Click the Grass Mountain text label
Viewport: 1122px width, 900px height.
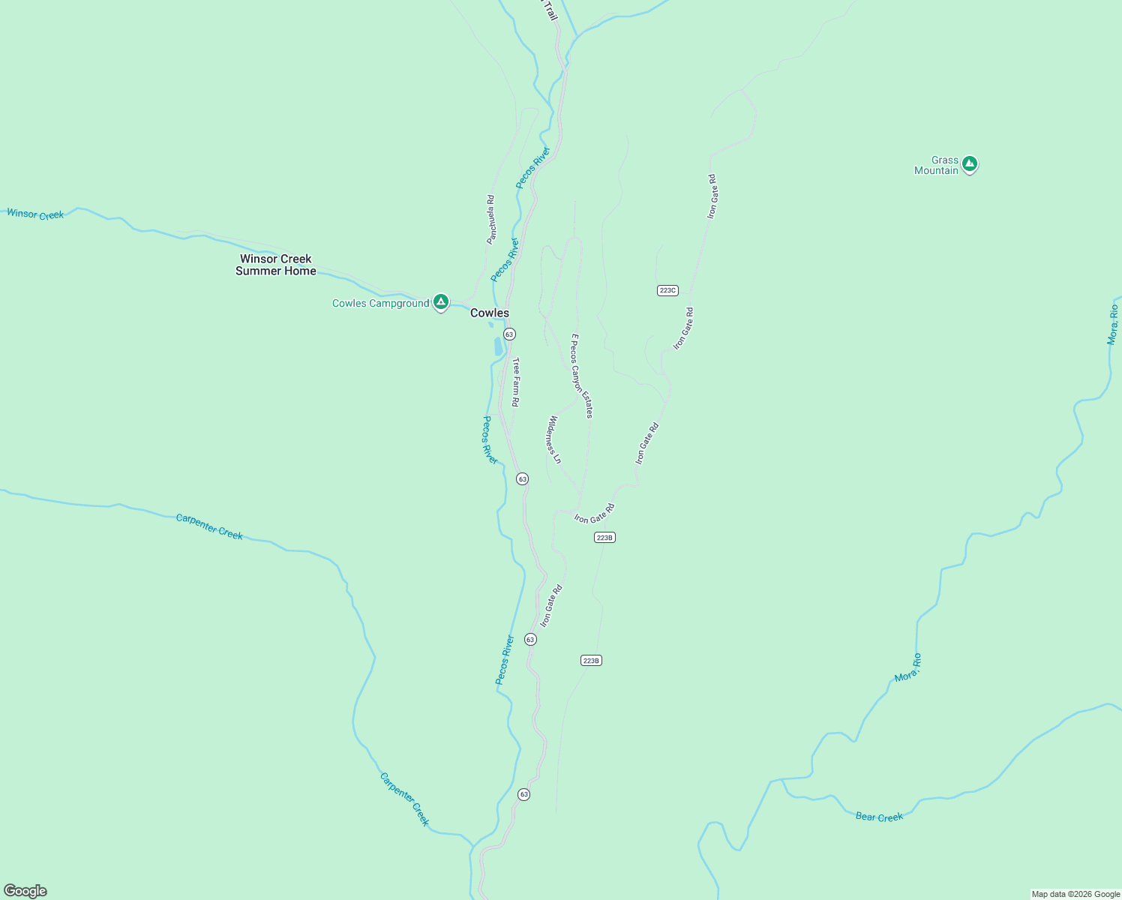click(x=936, y=165)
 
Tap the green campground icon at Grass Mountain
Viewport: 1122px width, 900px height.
click(x=970, y=163)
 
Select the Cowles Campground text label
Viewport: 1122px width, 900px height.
click(x=380, y=303)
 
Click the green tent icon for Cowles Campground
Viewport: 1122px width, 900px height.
click(x=441, y=301)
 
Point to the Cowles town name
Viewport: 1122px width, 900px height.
click(x=489, y=313)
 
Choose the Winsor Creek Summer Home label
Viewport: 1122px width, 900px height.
click(x=276, y=265)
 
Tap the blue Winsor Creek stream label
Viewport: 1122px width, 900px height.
click(x=35, y=214)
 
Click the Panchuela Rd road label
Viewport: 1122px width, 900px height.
click(x=490, y=220)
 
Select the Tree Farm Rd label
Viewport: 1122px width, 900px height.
click(x=516, y=382)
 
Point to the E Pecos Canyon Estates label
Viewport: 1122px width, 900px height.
click(x=582, y=376)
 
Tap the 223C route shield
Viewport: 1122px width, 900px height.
click(x=667, y=290)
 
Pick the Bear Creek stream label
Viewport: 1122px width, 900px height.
click(x=879, y=817)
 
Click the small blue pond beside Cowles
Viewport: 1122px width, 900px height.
click(x=498, y=346)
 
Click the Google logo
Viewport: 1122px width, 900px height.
click(x=25, y=891)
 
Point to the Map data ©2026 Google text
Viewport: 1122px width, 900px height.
click(x=1075, y=894)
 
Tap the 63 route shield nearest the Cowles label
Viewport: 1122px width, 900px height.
click(x=509, y=334)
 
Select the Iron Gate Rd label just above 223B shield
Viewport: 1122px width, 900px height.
click(x=594, y=514)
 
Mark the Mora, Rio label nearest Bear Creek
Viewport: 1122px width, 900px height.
click(x=908, y=667)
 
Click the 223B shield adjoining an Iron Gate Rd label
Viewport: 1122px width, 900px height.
click(x=604, y=537)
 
